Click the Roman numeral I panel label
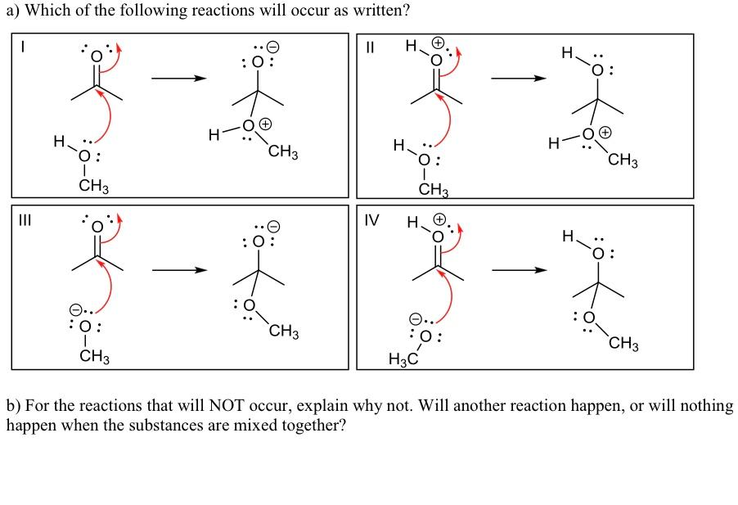(x=21, y=47)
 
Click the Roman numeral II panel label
(x=370, y=47)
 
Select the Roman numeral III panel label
(x=25, y=220)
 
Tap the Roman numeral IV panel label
(x=371, y=220)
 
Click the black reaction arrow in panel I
(x=179, y=78)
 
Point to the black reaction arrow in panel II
(x=519, y=78)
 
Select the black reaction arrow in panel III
(x=179, y=270)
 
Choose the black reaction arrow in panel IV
(x=520, y=270)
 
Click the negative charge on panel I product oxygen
(x=273, y=47)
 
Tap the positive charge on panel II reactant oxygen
(x=439, y=43)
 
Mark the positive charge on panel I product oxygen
(x=266, y=124)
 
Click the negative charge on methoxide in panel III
(x=75, y=309)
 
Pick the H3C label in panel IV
(x=403, y=359)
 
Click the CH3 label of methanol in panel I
(x=93, y=186)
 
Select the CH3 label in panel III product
(x=284, y=331)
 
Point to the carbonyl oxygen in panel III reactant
(x=97, y=227)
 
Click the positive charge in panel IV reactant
(x=439, y=219)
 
